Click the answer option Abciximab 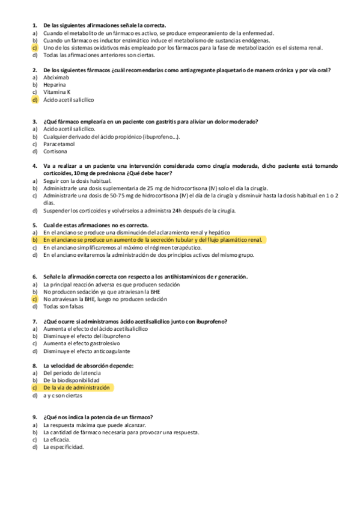coord(56,78)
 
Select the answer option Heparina coord(55,85)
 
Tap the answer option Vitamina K coord(57,92)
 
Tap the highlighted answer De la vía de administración coord(76,388)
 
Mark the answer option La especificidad coord(63,447)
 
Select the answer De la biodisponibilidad coord(72,381)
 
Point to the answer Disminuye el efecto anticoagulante coord(87,351)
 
